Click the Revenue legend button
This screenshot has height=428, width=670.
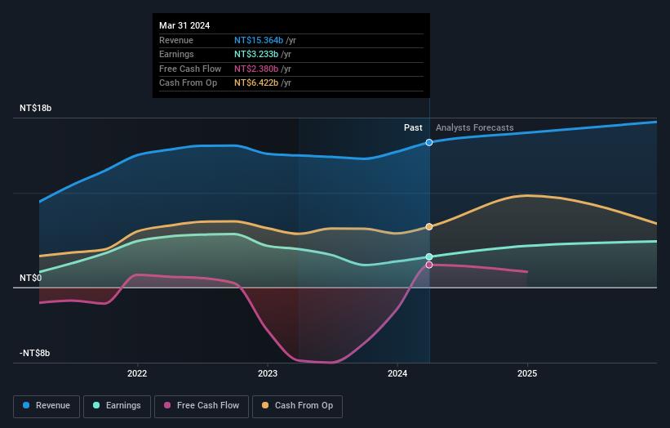(47, 405)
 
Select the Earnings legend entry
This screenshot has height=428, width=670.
(117, 405)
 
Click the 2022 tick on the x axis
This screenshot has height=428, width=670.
(137, 374)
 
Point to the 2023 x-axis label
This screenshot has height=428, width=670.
(267, 374)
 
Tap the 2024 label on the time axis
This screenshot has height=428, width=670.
(397, 374)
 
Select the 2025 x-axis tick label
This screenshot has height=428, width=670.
(527, 374)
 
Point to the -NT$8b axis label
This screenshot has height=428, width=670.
(35, 353)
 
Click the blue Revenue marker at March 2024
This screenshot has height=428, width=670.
(429, 142)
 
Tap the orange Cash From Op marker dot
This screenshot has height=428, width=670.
(429, 226)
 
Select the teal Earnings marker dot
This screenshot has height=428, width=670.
(429, 256)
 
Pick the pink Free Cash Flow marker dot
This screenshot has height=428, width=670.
(429, 265)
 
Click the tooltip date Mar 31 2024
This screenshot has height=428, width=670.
(184, 25)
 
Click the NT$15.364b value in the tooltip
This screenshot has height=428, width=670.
(259, 39)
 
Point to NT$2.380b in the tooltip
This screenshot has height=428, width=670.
(257, 69)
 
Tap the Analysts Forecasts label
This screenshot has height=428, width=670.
(475, 127)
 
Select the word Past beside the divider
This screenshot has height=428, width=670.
(413, 127)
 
